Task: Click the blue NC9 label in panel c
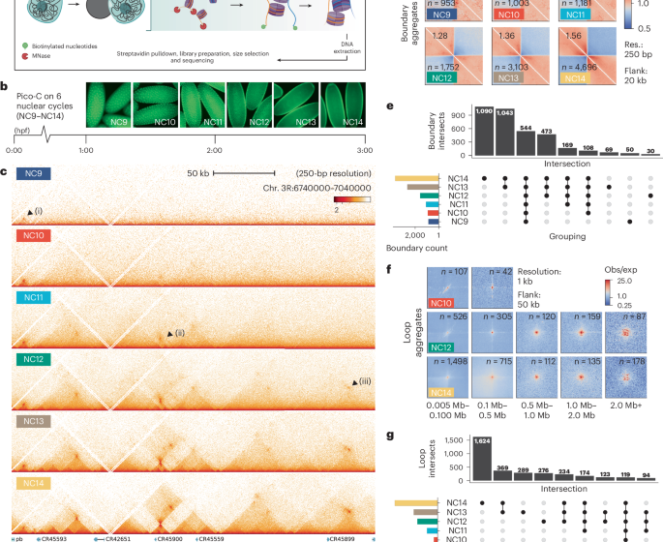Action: [34, 174]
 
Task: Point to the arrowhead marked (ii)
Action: [171, 333]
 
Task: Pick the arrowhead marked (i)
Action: [30, 210]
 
